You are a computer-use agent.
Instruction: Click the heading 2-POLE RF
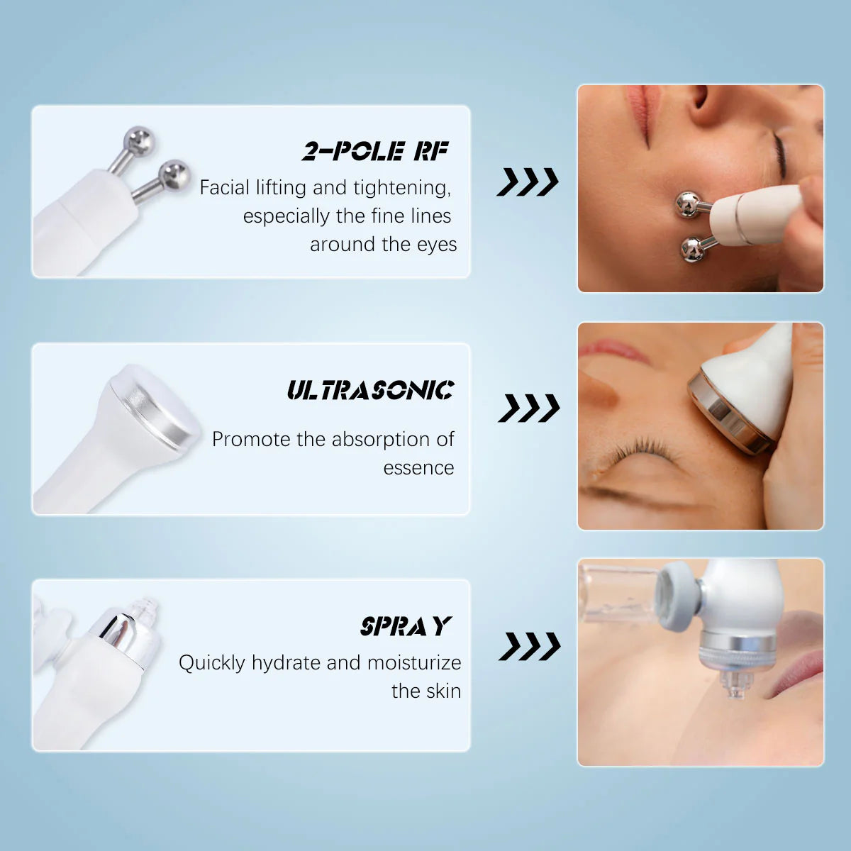(x=375, y=151)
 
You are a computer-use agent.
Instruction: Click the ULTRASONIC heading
(x=370, y=390)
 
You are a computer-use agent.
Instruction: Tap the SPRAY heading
(x=406, y=626)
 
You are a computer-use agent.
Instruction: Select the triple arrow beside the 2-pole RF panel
(x=528, y=182)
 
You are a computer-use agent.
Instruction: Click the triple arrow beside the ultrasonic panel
(x=529, y=408)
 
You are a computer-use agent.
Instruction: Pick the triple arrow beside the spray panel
(x=530, y=646)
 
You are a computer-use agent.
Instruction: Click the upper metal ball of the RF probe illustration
(x=138, y=141)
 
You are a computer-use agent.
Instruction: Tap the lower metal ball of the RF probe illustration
(x=173, y=175)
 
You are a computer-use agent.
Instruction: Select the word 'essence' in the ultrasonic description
(x=418, y=468)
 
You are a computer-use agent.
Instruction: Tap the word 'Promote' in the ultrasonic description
(x=251, y=440)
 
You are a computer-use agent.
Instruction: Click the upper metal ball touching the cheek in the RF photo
(x=688, y=205)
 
